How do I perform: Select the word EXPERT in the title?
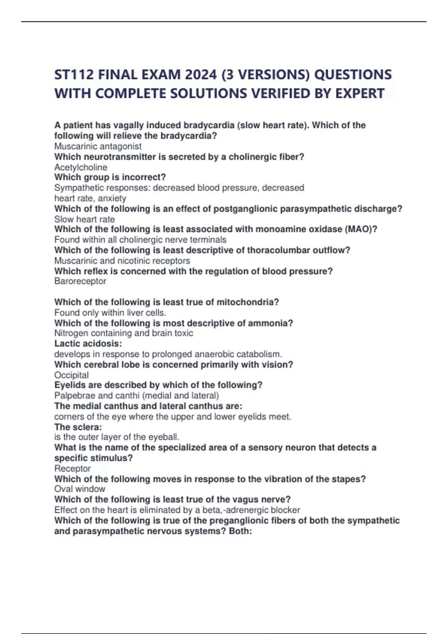click(x=360, y=93)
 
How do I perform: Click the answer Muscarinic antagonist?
click(x=98, y=146)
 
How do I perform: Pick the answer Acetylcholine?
click(x=81, y=167)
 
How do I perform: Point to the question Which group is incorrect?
click(x=110, y=177)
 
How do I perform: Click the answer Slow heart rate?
click(x=84, y=219)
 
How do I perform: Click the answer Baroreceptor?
click(x=80, y=281)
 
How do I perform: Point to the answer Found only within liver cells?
click(x=110, y=313)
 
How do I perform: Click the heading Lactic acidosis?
click(x=88, y=343)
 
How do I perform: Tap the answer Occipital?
click(x=71, y=375)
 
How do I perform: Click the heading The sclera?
click(x=78, y=427)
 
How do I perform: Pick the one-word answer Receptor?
click(x=72, y=468)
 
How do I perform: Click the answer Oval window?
click(x=80, y=489)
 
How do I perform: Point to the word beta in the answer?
click(x=211, y=510)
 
